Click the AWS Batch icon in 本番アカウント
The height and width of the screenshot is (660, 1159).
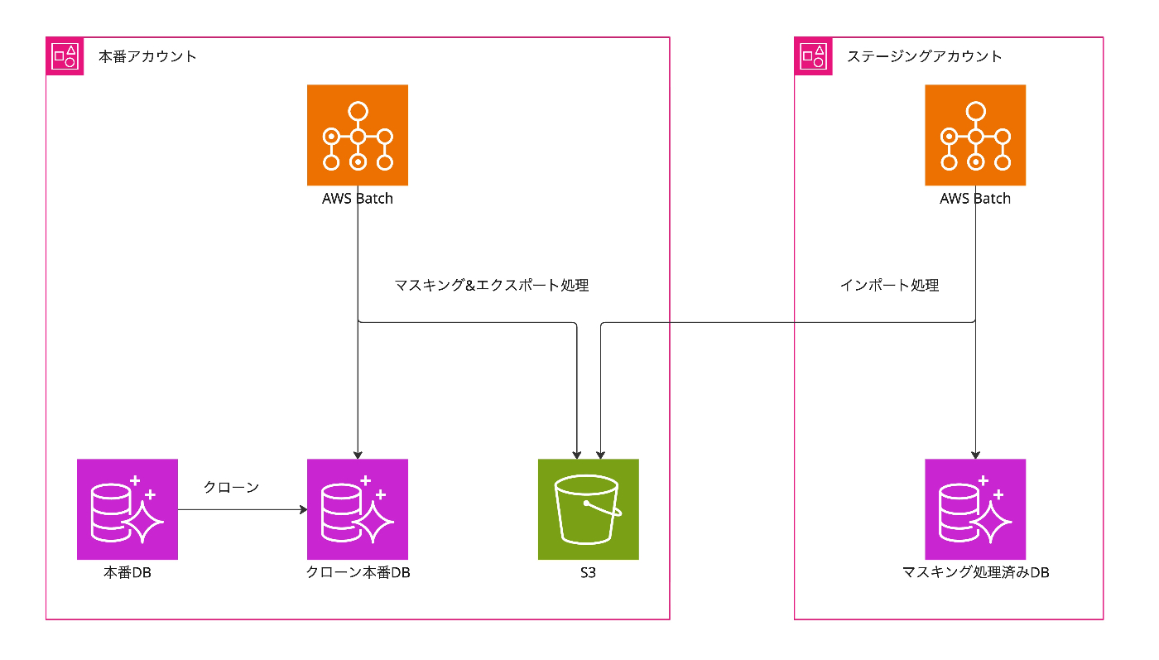(x=358, y=135)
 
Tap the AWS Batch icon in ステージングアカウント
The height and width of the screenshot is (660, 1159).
(x=975, y=135)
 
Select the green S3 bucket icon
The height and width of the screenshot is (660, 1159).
(x=589, y=509)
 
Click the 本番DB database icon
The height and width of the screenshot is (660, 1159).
(x=127, y=509)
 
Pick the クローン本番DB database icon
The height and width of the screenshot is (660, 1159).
(x=358, y=509)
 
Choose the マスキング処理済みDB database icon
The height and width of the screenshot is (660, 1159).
(x=975, y=509)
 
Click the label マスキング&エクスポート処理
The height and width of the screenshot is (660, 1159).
(x=492, y=286)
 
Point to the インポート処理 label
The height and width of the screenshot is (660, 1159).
(x=890, y=286)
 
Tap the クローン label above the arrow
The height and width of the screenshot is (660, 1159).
(x=232, y=488)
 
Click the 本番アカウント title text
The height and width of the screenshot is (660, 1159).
(x=148, y=56)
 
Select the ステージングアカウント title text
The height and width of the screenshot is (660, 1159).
(x=925, y=56)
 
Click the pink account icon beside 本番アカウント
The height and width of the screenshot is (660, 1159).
(x=65, y=56)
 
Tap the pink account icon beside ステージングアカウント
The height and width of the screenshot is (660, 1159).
(x=813, y=56)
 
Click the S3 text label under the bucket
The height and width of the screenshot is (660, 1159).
(x=589, y=572)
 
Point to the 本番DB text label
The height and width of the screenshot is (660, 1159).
(x=127, y=572)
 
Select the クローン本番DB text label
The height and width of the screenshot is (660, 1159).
(x=358, y=572)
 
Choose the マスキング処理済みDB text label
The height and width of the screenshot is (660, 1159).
(x=975, y=572)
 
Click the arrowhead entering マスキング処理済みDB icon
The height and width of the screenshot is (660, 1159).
(x=975, y=454)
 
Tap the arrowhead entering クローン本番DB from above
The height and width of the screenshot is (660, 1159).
(x=358, y=454)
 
